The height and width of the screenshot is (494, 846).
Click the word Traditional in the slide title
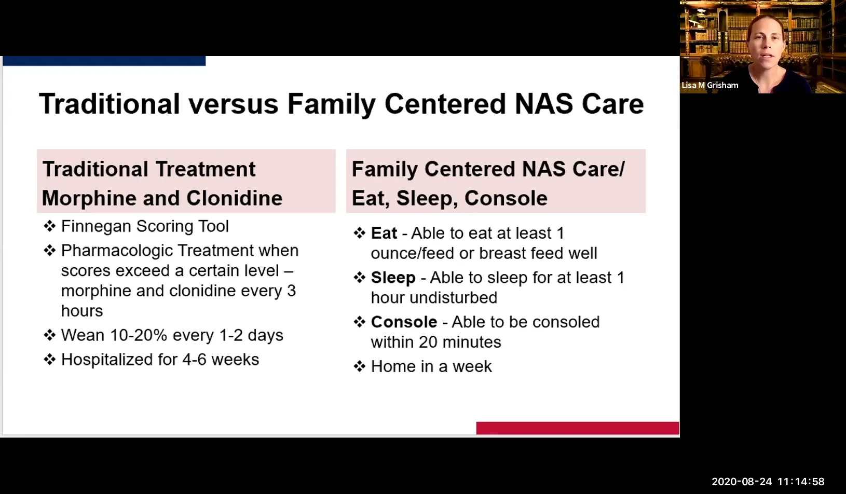pyautogui.click(x=110, y=104)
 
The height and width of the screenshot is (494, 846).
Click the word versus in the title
pyautogui.click(x=233, y=104)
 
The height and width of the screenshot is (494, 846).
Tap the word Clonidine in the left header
pyautogui.click(x=234, y=198)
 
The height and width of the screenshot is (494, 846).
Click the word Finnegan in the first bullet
pyautogui.click(x=96, y=226)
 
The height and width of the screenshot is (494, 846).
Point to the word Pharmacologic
pyautogui.click(x=117, y=251)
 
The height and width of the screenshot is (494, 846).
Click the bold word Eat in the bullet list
pyautogui.click(x=384, y=233)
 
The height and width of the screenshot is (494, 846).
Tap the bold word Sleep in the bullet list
pyautogui.click(x=393, y=278)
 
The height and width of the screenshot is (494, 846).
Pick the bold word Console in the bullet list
pyautogui.click(x=404, y=322)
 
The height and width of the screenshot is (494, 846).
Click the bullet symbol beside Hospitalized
pyautogui.click(x=50, y=360)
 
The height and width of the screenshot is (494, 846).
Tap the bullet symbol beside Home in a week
pyautogui.click(x=360, y=366)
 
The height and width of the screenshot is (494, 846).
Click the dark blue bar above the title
pyautogui.click(x=104, y=61)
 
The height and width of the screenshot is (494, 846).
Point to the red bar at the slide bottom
pyautogui.click(x=577, y=428)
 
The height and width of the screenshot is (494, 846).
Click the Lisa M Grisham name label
pyautogui.click(x=709, y=85)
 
